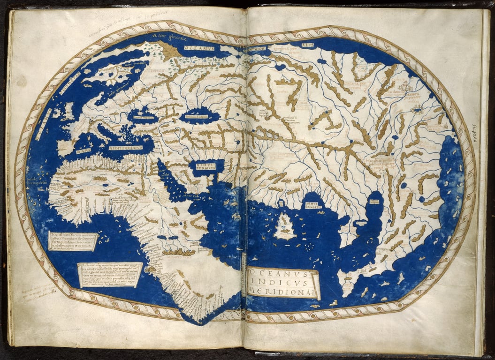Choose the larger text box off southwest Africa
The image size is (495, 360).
pyautogui.click(x=109, y=275)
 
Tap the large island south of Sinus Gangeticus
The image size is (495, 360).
pyautogui.click(x=284, y=227)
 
